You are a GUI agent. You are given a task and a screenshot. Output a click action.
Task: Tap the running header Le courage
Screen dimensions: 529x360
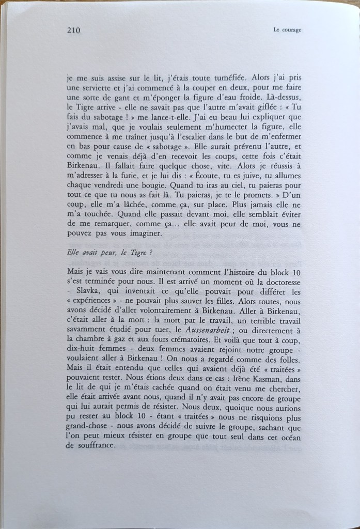(287, 30)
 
